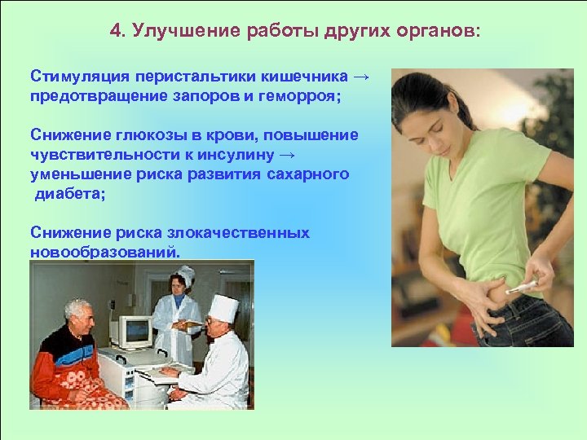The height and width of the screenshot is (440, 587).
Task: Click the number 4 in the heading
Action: click(115, 31)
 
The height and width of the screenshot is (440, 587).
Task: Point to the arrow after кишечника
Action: click(362, 77)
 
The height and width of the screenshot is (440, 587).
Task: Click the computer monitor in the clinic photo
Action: click(132, 332)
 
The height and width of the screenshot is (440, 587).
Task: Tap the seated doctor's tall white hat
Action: click(223, 308)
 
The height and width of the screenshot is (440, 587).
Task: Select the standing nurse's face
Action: click(177, 285)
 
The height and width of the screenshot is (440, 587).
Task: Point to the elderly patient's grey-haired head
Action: click(79, 311)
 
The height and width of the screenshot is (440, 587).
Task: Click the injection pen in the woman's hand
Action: click(521, 287)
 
